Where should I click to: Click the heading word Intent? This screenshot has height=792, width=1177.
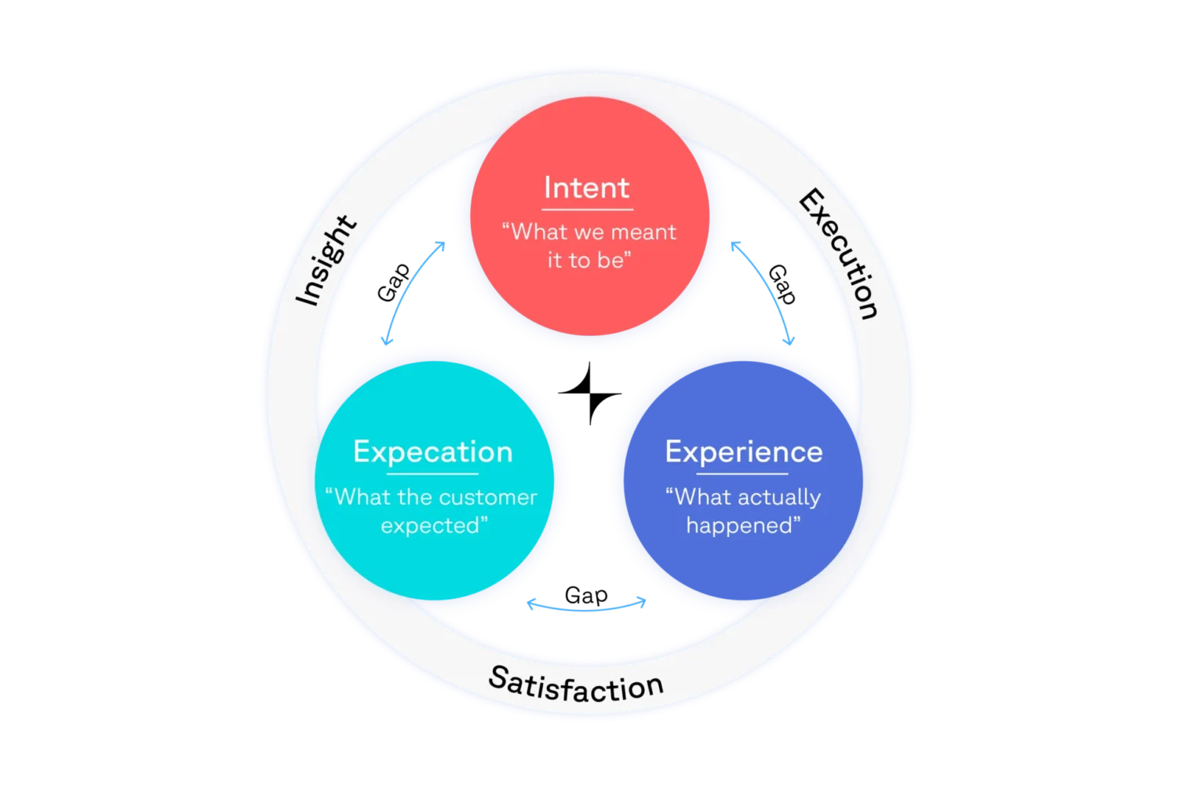click(586, 188)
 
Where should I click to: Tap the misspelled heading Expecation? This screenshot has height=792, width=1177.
click(433, 452)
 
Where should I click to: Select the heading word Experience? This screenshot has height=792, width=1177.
click(744, 452)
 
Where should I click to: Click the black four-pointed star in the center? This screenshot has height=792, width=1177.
click(589, 393)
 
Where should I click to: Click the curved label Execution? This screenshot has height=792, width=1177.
click(839, 254)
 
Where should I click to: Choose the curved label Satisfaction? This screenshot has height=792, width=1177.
click(576, 684)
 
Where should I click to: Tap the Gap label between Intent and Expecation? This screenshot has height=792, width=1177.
click(393, 283)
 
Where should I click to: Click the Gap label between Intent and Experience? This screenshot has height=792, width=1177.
click(782, 284)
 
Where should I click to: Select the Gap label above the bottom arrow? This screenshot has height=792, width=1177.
click(586, 596)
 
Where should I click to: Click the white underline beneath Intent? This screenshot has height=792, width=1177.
click(588, 210)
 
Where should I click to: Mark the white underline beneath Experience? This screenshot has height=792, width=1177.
click(742, 474)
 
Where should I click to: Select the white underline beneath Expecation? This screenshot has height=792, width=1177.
click(432, 474)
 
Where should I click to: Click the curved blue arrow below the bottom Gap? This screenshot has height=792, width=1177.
click(586, 610)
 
